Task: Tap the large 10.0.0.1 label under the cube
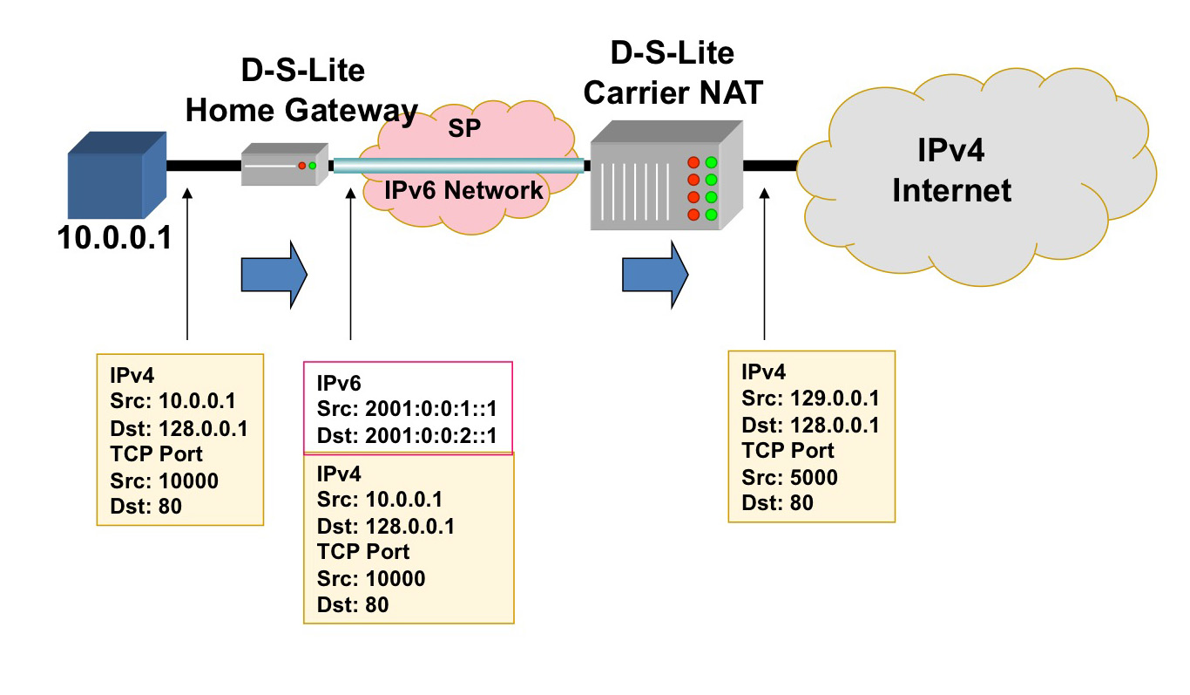[x=115, y=238]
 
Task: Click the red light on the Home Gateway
[x=302, y=165]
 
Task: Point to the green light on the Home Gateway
[x=312, y=165]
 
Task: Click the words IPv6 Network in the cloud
[x=465, y=189]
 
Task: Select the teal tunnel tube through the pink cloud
[x=457, y=165]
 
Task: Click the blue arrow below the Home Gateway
[x=274, y=274]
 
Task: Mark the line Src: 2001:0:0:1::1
[x=406, y=409]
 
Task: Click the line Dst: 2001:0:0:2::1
[x=406, y=435]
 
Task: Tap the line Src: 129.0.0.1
[x=810, y=399]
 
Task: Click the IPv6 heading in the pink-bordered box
[x=339, y=383]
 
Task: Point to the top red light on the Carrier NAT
[x=693, y=162]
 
